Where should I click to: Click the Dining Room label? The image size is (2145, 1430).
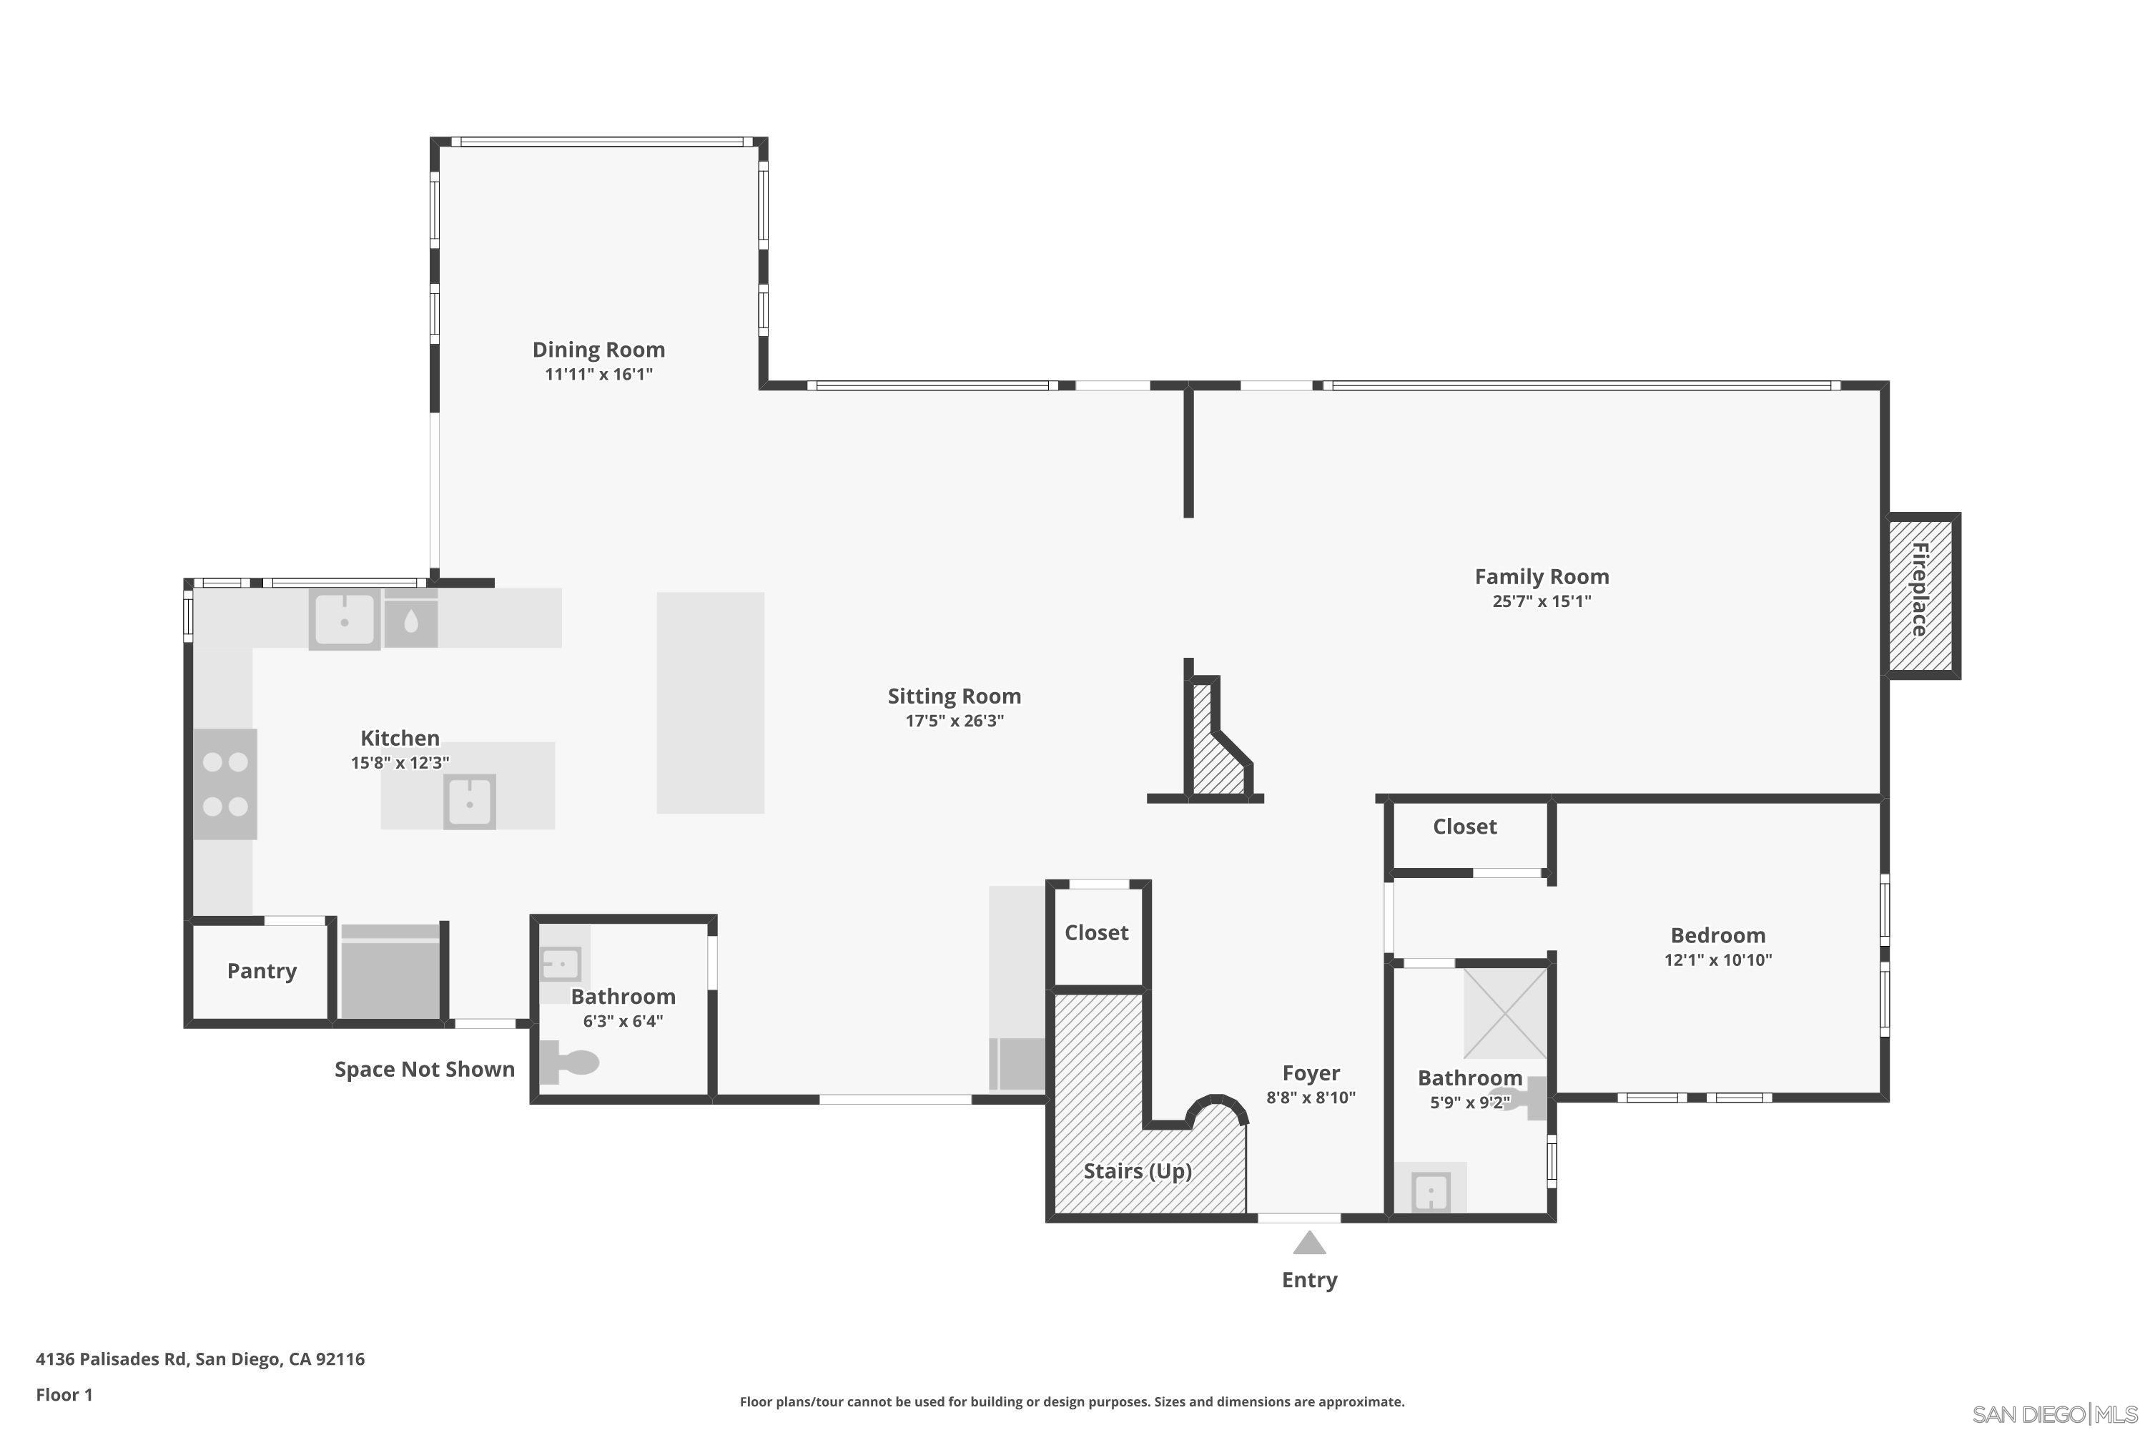coord(598,350)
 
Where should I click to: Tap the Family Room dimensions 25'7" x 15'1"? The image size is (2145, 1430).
coord(1542,601)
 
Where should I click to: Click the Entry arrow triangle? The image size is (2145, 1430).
coord(1308,1244)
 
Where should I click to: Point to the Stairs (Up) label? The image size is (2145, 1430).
coord(1138,1171)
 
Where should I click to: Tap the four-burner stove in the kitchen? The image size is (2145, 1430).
coord(225,784)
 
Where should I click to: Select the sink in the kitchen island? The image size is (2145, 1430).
coord(469,802)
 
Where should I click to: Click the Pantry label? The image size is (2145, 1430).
coord(262,970)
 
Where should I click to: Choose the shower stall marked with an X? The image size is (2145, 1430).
coord(1505,1012)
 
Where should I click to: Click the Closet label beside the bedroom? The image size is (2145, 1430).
coord(1464,827)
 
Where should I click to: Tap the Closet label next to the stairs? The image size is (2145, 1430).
coord(1096,932)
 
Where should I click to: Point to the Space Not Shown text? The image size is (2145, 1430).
coord(424,1069)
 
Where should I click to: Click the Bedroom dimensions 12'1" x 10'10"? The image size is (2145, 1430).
coord(1717,960)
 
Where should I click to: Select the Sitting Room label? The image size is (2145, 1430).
coord(954,696)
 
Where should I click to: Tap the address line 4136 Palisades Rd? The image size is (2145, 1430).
coord(199,1359)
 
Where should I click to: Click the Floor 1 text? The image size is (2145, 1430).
coord(64,1394)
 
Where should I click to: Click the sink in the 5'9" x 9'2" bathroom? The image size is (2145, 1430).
coord(1430,1191)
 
